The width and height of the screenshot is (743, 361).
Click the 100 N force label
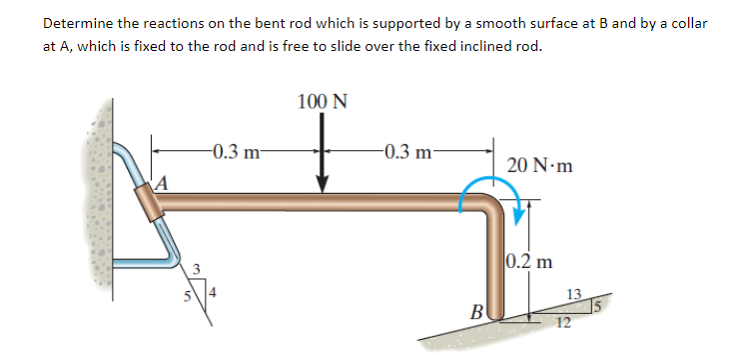(323, 101)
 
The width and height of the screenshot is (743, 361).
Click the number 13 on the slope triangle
(572, 293)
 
